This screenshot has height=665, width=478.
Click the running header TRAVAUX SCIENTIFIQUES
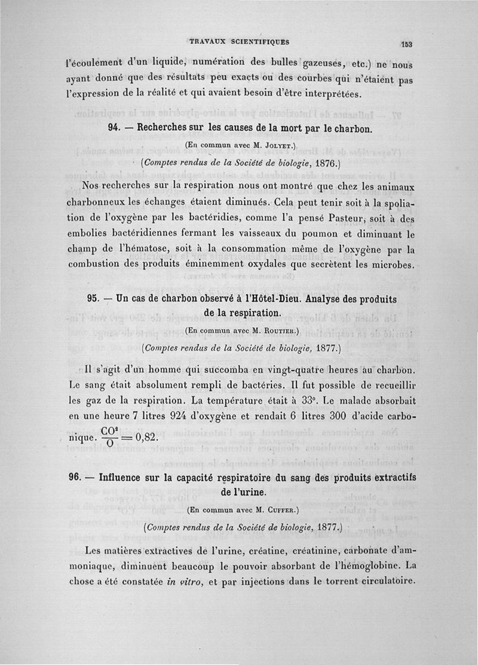tap(239, 42)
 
